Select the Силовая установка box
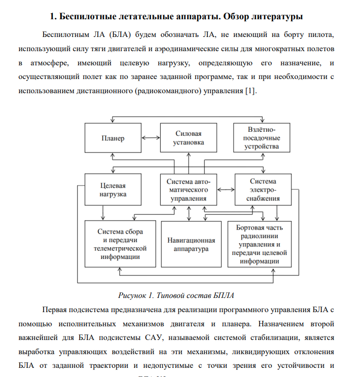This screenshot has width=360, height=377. [x=189, y=138]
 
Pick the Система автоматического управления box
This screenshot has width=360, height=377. [x=189, y=189]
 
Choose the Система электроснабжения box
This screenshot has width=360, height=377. [x=263, y=189]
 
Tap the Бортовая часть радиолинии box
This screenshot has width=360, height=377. [x=260, y=244]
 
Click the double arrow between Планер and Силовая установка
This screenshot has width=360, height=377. [x=151, y=137]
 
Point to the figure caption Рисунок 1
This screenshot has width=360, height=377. [x=136, y=295]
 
